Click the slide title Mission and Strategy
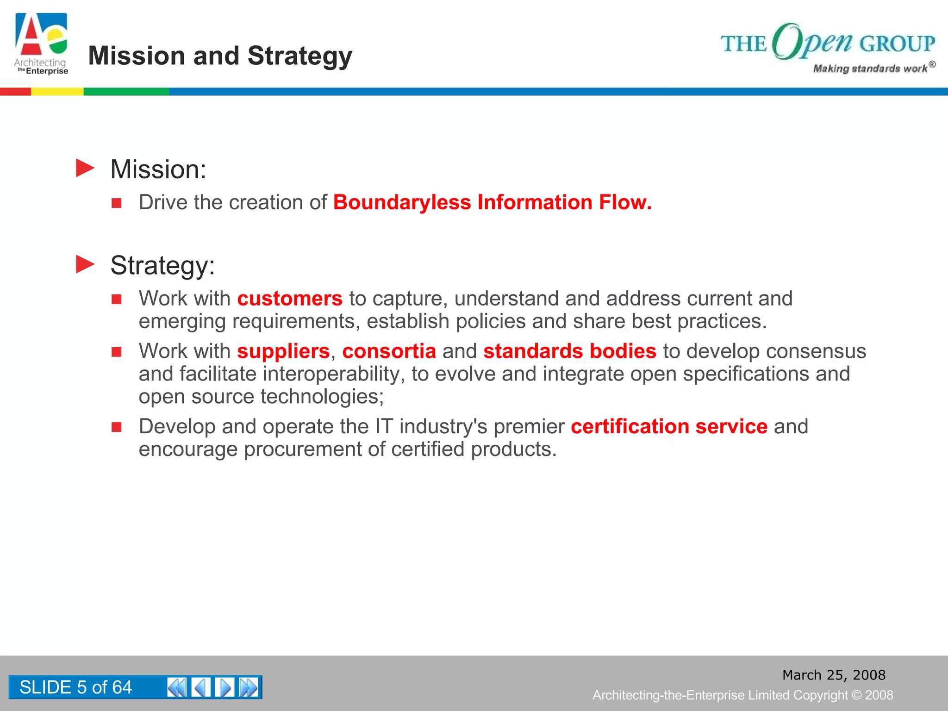[220, 56]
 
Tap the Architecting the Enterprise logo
[41, 44]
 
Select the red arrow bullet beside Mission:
[85, 168]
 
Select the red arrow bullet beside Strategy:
[85, 264]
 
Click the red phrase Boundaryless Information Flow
[492, 202]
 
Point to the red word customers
[290, 299]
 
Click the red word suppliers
[283, 351]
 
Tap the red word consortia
[389, 351]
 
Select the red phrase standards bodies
[570, 351]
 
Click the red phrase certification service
[669, 426]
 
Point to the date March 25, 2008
[834, 675]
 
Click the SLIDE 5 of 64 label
[75, 687]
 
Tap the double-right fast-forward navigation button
[249, 687]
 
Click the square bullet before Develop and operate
[117, 427]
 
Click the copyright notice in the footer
[742, 695]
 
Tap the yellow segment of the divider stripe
[57, 92]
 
